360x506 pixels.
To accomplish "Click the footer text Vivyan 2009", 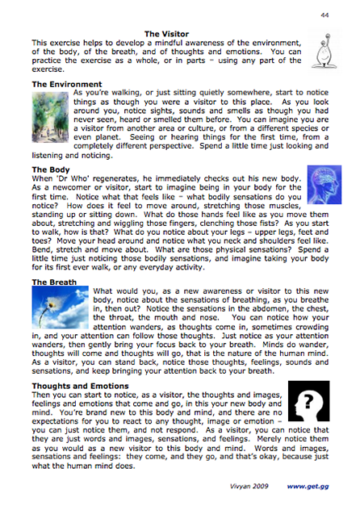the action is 245,488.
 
